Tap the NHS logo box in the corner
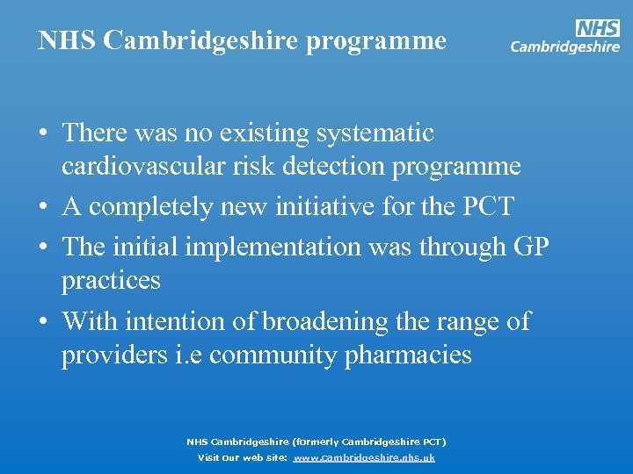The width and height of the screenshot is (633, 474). pos(597,28)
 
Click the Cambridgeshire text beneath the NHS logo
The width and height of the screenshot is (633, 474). pos(564,47)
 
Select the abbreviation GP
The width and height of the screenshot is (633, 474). pos(530,247)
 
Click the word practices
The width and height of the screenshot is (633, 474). pos(111,281)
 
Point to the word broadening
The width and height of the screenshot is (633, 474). pos(330,321)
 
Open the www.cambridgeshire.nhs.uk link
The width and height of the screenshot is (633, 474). pos(363,458)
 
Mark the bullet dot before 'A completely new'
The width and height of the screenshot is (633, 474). pos(43,208)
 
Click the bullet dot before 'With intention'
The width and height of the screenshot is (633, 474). pos(43,322)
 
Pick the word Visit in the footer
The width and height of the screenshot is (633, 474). pos(210,458)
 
